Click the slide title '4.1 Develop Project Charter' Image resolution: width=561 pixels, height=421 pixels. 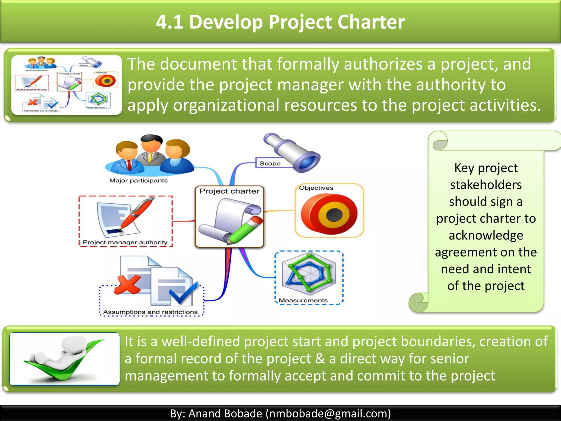coord(280,22)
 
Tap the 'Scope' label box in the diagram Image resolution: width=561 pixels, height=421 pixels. coord(270,163)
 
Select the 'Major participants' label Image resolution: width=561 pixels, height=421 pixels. coord(138,181)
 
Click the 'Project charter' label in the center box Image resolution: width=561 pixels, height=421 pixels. coord(229,191)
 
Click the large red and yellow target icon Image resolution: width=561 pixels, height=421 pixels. coord(329,214)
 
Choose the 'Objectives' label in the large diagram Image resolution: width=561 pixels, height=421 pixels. coord(316,188)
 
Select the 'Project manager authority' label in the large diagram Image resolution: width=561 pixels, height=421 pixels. coord(125,242)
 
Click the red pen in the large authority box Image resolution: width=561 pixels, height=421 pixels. coord(137,214)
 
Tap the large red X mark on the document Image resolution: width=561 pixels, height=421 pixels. coord(128,285)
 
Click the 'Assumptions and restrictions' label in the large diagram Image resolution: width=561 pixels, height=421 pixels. coord(150,312)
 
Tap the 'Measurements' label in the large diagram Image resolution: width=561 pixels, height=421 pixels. coord(303,301)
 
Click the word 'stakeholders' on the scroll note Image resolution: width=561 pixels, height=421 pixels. coord(486,185)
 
